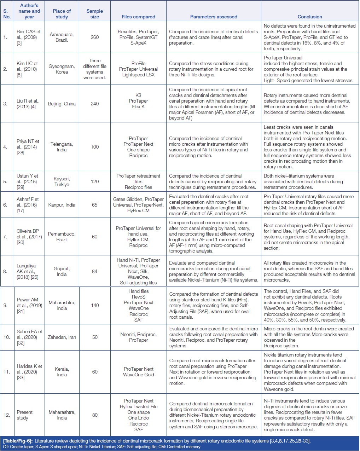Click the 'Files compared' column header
(x=138, y=17)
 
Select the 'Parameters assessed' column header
(x=214, y=17)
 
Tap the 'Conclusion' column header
(x=310, y=17)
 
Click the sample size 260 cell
(x=95, y=37)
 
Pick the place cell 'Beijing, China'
(x=62, y=104)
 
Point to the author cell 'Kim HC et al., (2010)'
(x=27, y=69)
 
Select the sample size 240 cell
(x=95, y=104)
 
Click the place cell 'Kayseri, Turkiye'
(x=62, y=181)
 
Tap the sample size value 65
(x=95, y=205)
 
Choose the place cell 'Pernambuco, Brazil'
(x=62, y=237)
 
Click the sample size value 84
(x=95, y=271)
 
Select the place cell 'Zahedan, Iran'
(x=62, y=337)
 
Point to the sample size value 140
(x=95, y=305)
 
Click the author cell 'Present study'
(x=25, y=415)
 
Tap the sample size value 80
(x=95, y=415)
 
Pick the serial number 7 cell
(x=5, y=237)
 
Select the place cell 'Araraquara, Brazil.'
(x=62, y=37)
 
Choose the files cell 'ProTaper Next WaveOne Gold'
(x=138, y=372)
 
